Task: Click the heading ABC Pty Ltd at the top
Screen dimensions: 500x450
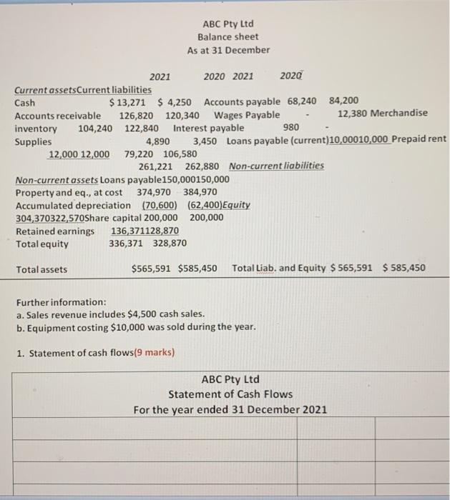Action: tap(228, 22)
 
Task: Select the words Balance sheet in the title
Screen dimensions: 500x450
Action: tap(228, 36)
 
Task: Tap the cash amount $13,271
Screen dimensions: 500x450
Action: tap(129, 102)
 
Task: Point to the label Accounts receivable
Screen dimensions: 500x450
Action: tap(58, 115)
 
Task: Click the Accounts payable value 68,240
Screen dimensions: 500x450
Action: tap(302, 102)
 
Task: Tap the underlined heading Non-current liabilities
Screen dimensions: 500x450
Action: tap(276, 166)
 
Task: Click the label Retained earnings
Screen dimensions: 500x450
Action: tap(55, 231)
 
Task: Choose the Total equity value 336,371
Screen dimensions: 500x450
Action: tap(127, 244)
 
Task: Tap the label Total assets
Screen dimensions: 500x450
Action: tap(41, 269)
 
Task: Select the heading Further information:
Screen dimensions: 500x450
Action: tap(61, 301)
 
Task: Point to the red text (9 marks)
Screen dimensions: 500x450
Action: tap(149, 352)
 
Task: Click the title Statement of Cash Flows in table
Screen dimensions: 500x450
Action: tap(230, 394)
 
